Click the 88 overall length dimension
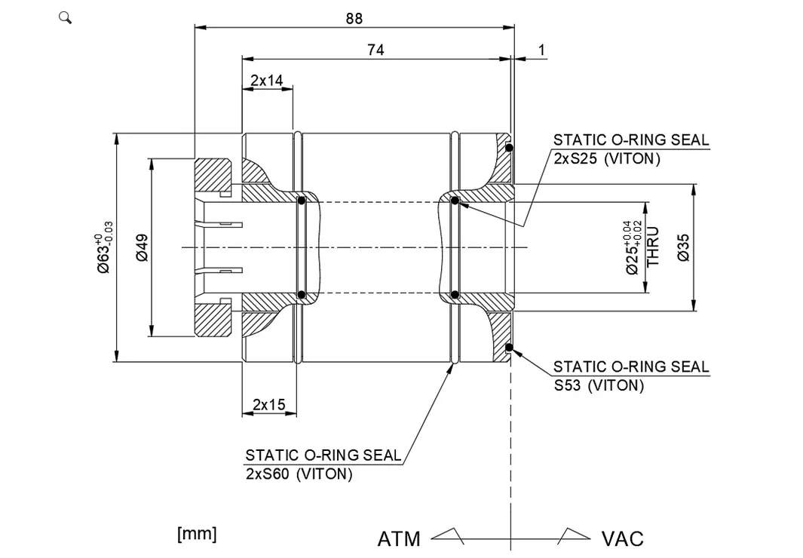354,18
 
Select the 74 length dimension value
375,50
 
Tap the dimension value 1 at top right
541,51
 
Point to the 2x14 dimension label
267,80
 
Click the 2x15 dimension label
268,405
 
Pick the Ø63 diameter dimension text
106,248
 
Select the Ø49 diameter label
143,247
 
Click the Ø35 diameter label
684,247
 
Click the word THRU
653,247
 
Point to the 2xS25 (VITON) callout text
606,159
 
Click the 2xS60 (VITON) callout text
299,474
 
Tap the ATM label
399,539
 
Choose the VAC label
622,539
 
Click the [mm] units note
197,534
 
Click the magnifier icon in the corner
65,17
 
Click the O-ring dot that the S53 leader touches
510,348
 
